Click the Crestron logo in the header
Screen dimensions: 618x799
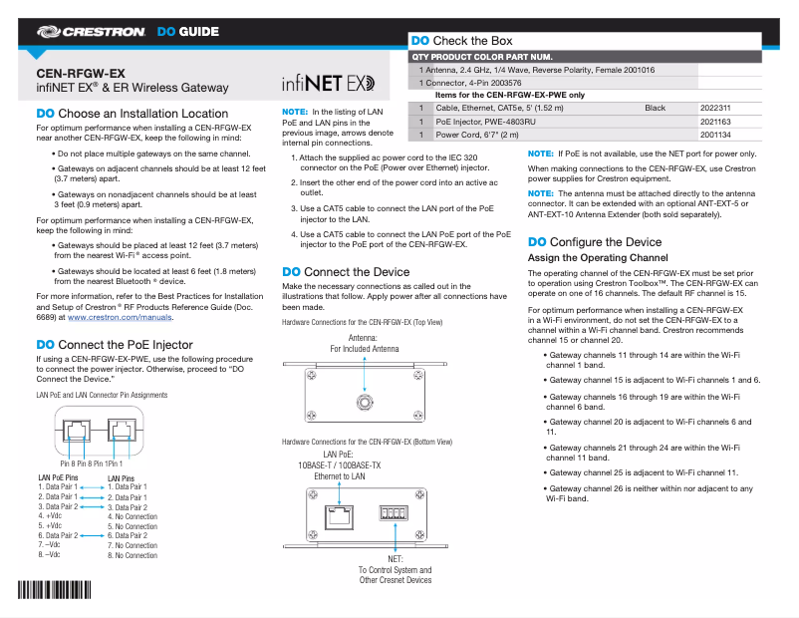point(92,32)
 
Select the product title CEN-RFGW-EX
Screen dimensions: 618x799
point(81,74)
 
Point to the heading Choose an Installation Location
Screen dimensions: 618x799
point(132,114)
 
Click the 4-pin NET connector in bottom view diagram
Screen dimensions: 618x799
point(396,514)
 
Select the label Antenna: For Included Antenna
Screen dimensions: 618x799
point(364,344)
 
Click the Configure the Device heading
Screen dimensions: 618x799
point(594,242)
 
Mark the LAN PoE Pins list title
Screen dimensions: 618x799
point(59,477)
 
